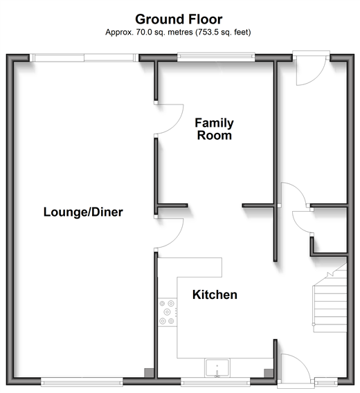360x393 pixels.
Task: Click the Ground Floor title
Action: [179, 19]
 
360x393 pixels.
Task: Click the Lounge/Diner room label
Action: [83, 212]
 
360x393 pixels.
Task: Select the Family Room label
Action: [214, 129]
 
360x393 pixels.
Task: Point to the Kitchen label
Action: [215, 295]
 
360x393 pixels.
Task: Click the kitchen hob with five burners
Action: [168, 312]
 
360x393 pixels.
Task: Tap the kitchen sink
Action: [217, 368]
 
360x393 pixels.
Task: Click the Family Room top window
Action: [216, 57]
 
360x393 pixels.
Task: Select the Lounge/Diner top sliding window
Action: [84, 57]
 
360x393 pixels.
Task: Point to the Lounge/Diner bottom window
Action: [82, 383]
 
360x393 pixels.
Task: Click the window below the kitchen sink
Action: [215, 383]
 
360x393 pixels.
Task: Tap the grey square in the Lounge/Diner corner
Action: [149, 372]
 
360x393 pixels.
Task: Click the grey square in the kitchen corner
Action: [269, 373]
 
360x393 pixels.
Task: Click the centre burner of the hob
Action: [167, 312]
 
